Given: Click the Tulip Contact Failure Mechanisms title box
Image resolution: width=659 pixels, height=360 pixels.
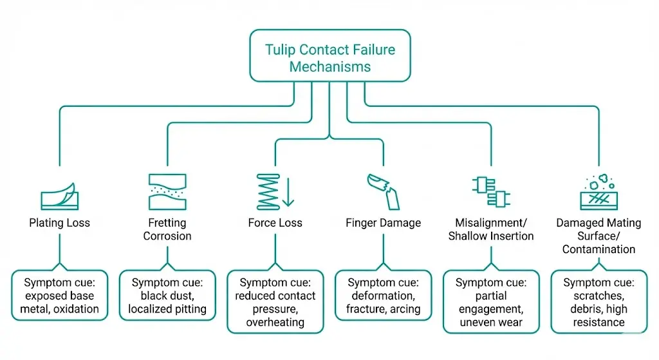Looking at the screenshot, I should point(329,56).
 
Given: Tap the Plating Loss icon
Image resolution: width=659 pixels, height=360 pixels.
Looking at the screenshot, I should point(59,191).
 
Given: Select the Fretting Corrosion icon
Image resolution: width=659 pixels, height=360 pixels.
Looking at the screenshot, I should point(167,191).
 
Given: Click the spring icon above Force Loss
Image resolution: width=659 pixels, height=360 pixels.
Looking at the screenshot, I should point(269,191).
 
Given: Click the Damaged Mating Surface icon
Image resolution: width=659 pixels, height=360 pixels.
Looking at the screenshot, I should point(599,191).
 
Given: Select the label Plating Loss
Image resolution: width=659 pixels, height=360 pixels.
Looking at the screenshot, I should point(59,223).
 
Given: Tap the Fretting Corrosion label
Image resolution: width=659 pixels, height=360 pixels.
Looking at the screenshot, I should point(167,229).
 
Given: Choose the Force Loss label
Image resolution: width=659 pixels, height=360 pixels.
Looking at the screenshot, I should point(275,223).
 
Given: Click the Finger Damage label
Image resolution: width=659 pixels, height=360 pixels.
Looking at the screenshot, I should point(383,223).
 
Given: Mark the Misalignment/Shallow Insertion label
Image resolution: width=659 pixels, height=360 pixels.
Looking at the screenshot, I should point(490,229).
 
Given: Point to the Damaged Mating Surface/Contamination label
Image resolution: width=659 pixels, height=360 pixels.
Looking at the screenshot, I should point(599,236).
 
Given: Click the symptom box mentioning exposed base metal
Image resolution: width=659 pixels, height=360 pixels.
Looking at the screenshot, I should point(59,296).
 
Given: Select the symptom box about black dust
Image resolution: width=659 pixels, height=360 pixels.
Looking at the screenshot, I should point(167,296).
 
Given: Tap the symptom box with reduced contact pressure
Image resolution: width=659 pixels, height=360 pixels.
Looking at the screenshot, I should point(275,301).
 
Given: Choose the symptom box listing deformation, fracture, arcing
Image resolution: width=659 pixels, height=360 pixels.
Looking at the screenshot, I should point(383,296).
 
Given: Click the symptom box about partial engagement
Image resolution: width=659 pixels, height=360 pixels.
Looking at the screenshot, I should point(490,301).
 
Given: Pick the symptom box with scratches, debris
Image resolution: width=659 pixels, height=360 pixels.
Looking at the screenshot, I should point(599,301).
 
